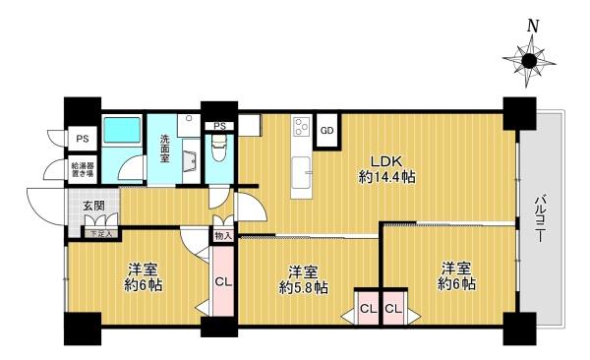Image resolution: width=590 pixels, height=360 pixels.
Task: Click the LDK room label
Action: point(387,161)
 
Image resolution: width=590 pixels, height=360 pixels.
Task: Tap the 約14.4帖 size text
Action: point(387,176)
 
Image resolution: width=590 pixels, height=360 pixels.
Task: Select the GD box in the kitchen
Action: point(327,130)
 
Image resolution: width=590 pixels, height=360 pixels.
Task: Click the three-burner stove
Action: point(302,126)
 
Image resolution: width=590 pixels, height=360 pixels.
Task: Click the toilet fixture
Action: point(219,148)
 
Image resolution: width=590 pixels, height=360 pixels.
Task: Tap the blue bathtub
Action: point(122,130)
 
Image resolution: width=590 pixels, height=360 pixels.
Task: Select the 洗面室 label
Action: point(165,149)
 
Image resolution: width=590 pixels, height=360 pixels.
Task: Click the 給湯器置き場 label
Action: point(83,169)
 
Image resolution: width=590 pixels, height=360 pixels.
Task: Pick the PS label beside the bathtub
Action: point(83,139)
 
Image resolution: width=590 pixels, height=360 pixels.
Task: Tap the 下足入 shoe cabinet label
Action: point(101,234)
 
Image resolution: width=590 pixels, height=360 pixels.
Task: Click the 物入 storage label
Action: point(223,236)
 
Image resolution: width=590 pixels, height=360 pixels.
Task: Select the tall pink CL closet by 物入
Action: point(223,281)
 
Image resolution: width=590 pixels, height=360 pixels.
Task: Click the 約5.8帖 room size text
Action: point(303,287)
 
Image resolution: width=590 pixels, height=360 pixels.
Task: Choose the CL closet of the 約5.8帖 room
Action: point(369,309)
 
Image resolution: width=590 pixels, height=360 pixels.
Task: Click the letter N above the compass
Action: point(532,26)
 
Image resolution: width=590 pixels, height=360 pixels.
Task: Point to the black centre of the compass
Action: point(529,61)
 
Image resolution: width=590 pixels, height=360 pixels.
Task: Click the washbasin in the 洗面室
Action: point(190,160)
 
